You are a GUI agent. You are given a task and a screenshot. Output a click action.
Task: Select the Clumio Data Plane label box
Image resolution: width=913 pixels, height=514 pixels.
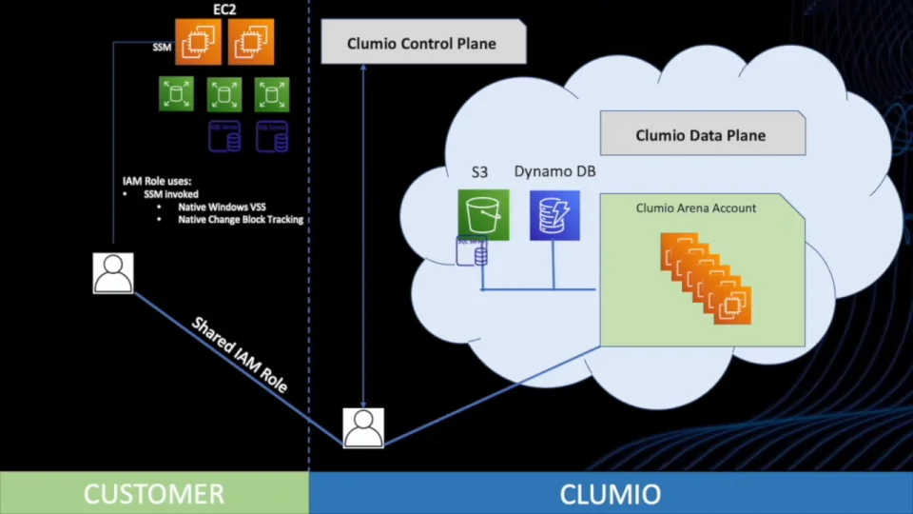(701, 135)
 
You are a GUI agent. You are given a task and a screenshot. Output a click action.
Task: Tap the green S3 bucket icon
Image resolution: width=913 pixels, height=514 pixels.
(483, 214)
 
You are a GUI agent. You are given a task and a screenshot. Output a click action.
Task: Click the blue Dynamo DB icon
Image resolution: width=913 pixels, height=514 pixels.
(554, 214)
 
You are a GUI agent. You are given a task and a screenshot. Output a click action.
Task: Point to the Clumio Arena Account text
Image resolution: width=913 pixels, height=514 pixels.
(696, 208)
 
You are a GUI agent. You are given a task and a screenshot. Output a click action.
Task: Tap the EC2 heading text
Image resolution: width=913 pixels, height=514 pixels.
(224, 10)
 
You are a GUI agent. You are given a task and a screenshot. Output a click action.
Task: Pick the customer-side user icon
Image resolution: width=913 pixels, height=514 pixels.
(113, 273)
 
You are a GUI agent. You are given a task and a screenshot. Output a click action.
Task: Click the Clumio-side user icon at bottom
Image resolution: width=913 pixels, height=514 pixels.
(363, 428)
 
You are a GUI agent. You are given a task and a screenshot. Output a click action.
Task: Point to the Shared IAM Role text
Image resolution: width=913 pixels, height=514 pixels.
(240, 355)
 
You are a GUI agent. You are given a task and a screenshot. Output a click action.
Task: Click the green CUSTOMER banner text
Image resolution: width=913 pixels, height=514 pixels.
(154, 494)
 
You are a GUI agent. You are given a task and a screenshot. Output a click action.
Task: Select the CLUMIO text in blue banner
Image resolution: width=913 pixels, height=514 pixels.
(611, 494)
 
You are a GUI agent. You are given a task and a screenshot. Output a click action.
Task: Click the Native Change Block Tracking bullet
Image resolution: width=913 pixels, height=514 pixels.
(241, 219)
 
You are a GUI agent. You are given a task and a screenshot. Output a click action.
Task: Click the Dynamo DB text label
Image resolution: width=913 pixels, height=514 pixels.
(554, 171)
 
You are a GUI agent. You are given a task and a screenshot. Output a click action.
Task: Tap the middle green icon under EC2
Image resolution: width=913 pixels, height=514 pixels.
(224, 94)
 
